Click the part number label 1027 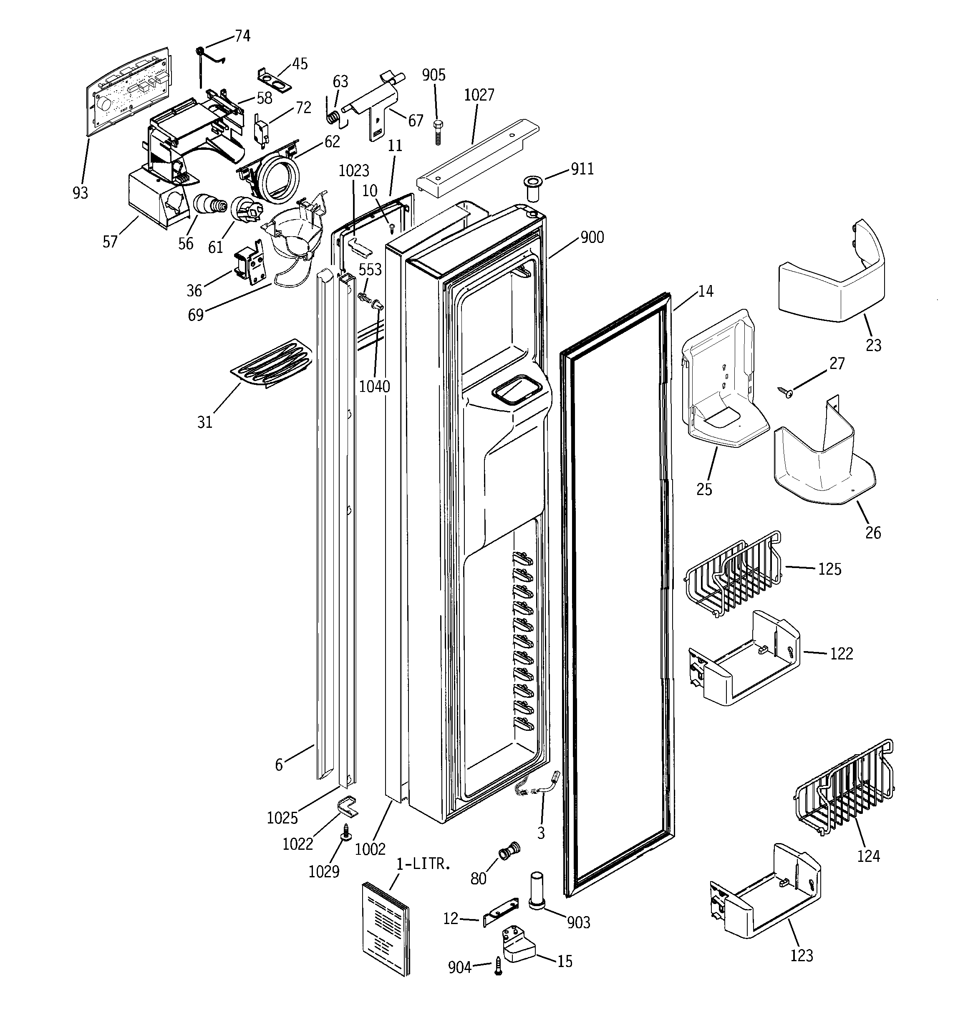tap(479, 95)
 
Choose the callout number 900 tap(592, 237)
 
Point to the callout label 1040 tap(374, 386)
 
